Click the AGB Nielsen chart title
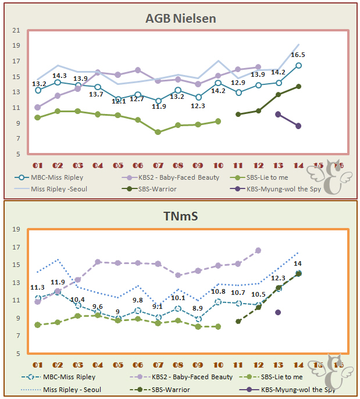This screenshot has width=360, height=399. click(x=180, y=19)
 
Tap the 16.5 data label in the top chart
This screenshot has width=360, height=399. click(x=298, y=55)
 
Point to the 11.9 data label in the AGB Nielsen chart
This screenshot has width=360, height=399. click(x=158, y=106)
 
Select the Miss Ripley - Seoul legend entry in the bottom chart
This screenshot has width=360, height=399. click(x=65, y=389)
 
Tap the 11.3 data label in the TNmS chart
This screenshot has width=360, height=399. click(x=37, y=287)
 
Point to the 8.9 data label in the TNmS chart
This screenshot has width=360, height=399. click(x=198, y=308)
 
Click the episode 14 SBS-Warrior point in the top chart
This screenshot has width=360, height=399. click(x=298, y=86)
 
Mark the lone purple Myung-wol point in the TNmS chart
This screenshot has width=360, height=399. click(x=278, y=312)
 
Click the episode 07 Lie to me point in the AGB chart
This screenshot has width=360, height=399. click(x=158, y=132)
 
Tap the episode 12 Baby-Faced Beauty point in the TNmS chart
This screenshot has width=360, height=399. click(x=258, y=250)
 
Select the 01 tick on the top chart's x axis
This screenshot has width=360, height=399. click(x=38, y=166)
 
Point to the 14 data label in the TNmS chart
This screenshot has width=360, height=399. click(x=298, y=263)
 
